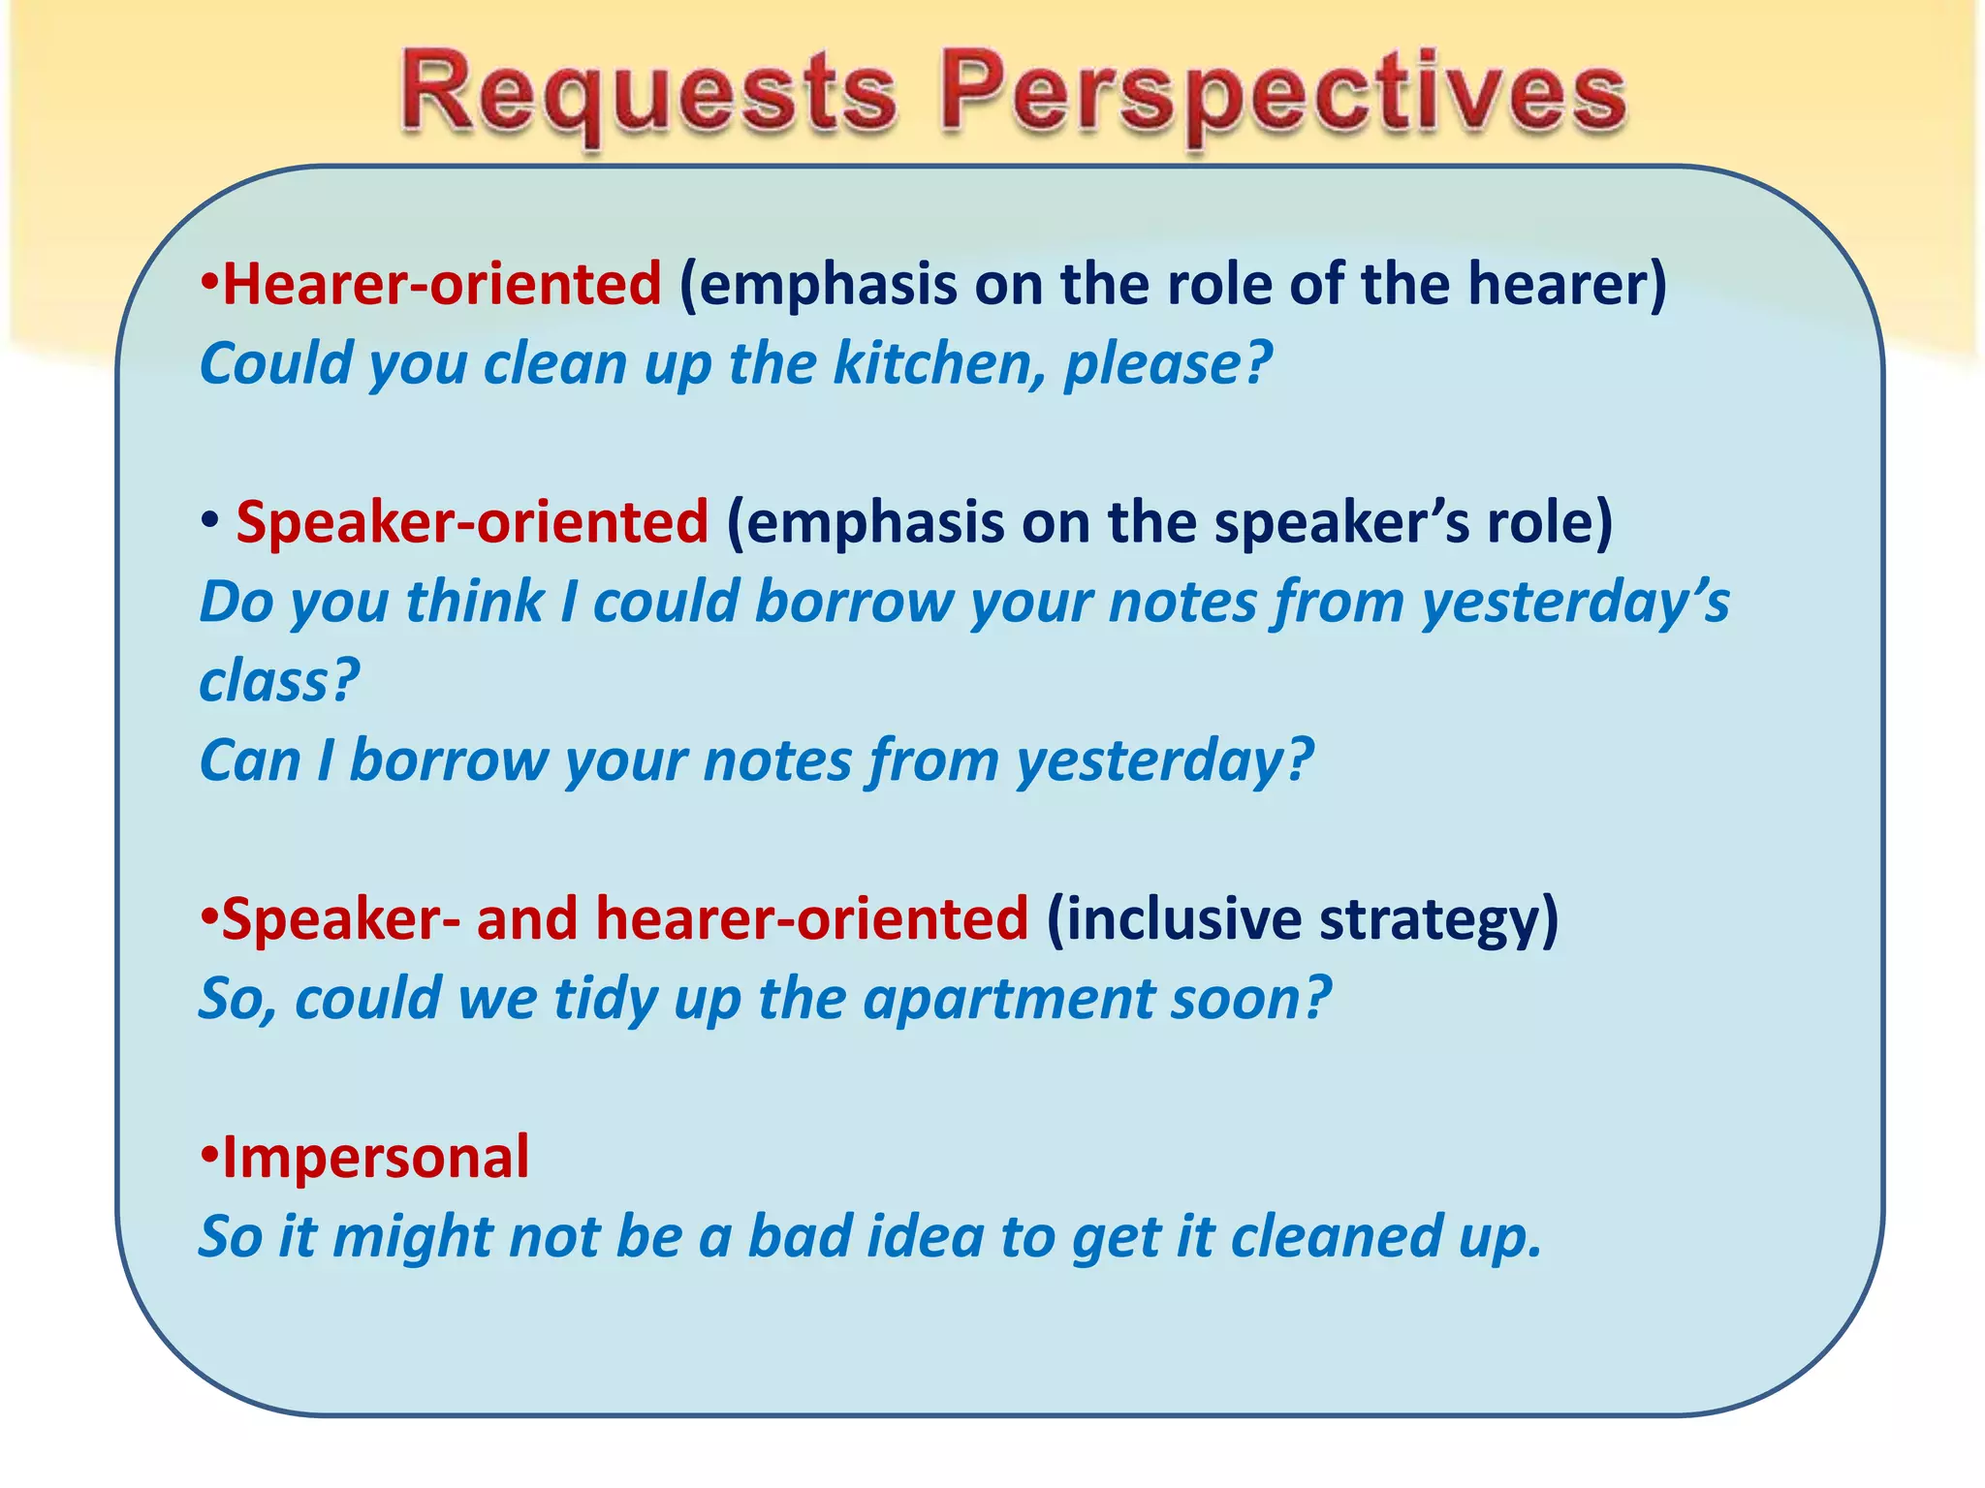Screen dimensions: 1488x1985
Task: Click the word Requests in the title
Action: (647, 95)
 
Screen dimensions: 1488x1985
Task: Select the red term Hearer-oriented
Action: (441, 284)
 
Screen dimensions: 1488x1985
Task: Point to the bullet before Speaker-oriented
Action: (208, 523)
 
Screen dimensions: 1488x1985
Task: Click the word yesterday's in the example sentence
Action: (1574, 602)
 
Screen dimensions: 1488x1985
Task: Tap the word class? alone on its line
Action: (279, 680)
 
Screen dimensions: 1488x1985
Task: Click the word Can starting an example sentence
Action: (250, 759)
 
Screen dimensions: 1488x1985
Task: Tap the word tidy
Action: (606, 999)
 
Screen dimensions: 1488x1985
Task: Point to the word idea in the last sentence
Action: (925, 1236)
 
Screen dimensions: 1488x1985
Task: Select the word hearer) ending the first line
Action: (1566, 284)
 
